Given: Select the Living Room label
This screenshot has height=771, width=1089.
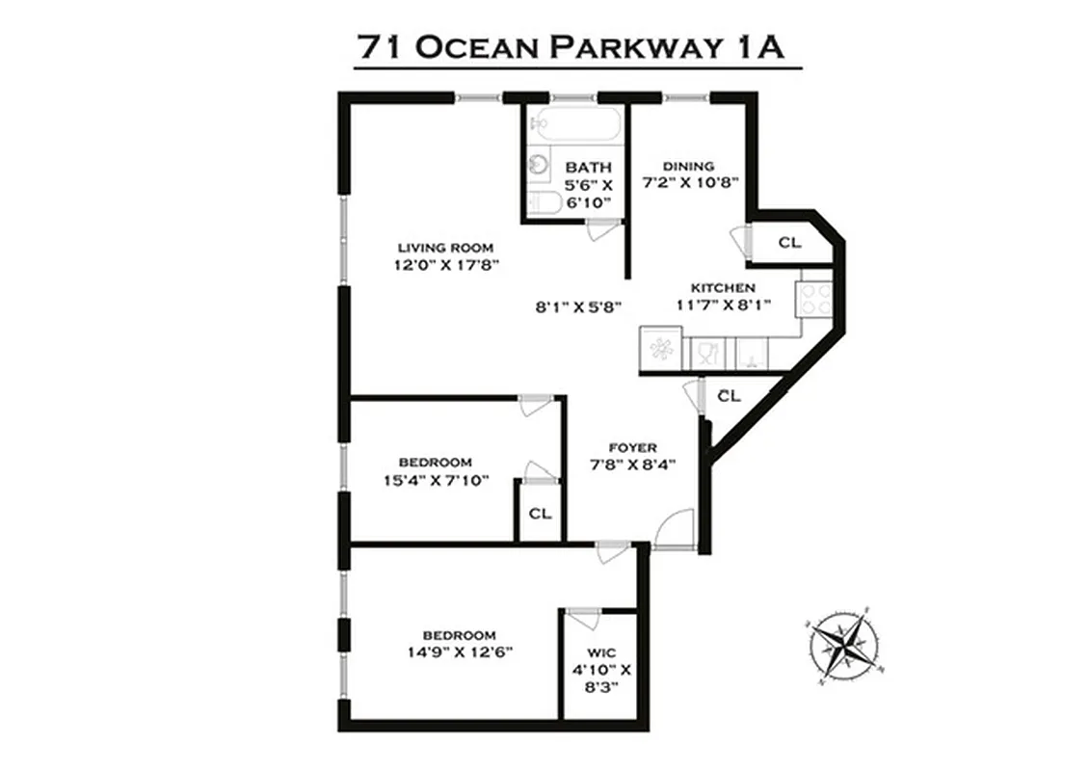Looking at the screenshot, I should (445, 248).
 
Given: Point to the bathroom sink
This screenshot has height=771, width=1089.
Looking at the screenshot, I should (537, 165).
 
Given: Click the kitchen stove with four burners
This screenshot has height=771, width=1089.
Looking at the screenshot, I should (814, 297).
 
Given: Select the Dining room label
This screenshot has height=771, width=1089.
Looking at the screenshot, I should (688, 166).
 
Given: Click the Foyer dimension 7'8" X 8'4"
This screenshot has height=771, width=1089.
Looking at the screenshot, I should (632, 464).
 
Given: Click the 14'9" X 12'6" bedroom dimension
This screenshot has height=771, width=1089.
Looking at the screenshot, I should (459, 651).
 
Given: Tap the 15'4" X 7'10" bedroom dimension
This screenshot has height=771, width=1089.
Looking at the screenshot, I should (436, 479).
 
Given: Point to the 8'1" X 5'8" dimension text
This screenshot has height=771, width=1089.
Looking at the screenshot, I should (577, 307).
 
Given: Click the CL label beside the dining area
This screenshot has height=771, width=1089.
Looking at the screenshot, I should (789, 243).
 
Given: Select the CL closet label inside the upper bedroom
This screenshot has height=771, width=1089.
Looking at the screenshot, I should (540, 514).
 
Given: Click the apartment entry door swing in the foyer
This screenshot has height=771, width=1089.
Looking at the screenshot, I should (672, 529).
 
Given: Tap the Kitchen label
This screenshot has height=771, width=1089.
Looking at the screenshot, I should (722, 287).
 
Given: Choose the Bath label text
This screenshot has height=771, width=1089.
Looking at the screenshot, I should (589, 168).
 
